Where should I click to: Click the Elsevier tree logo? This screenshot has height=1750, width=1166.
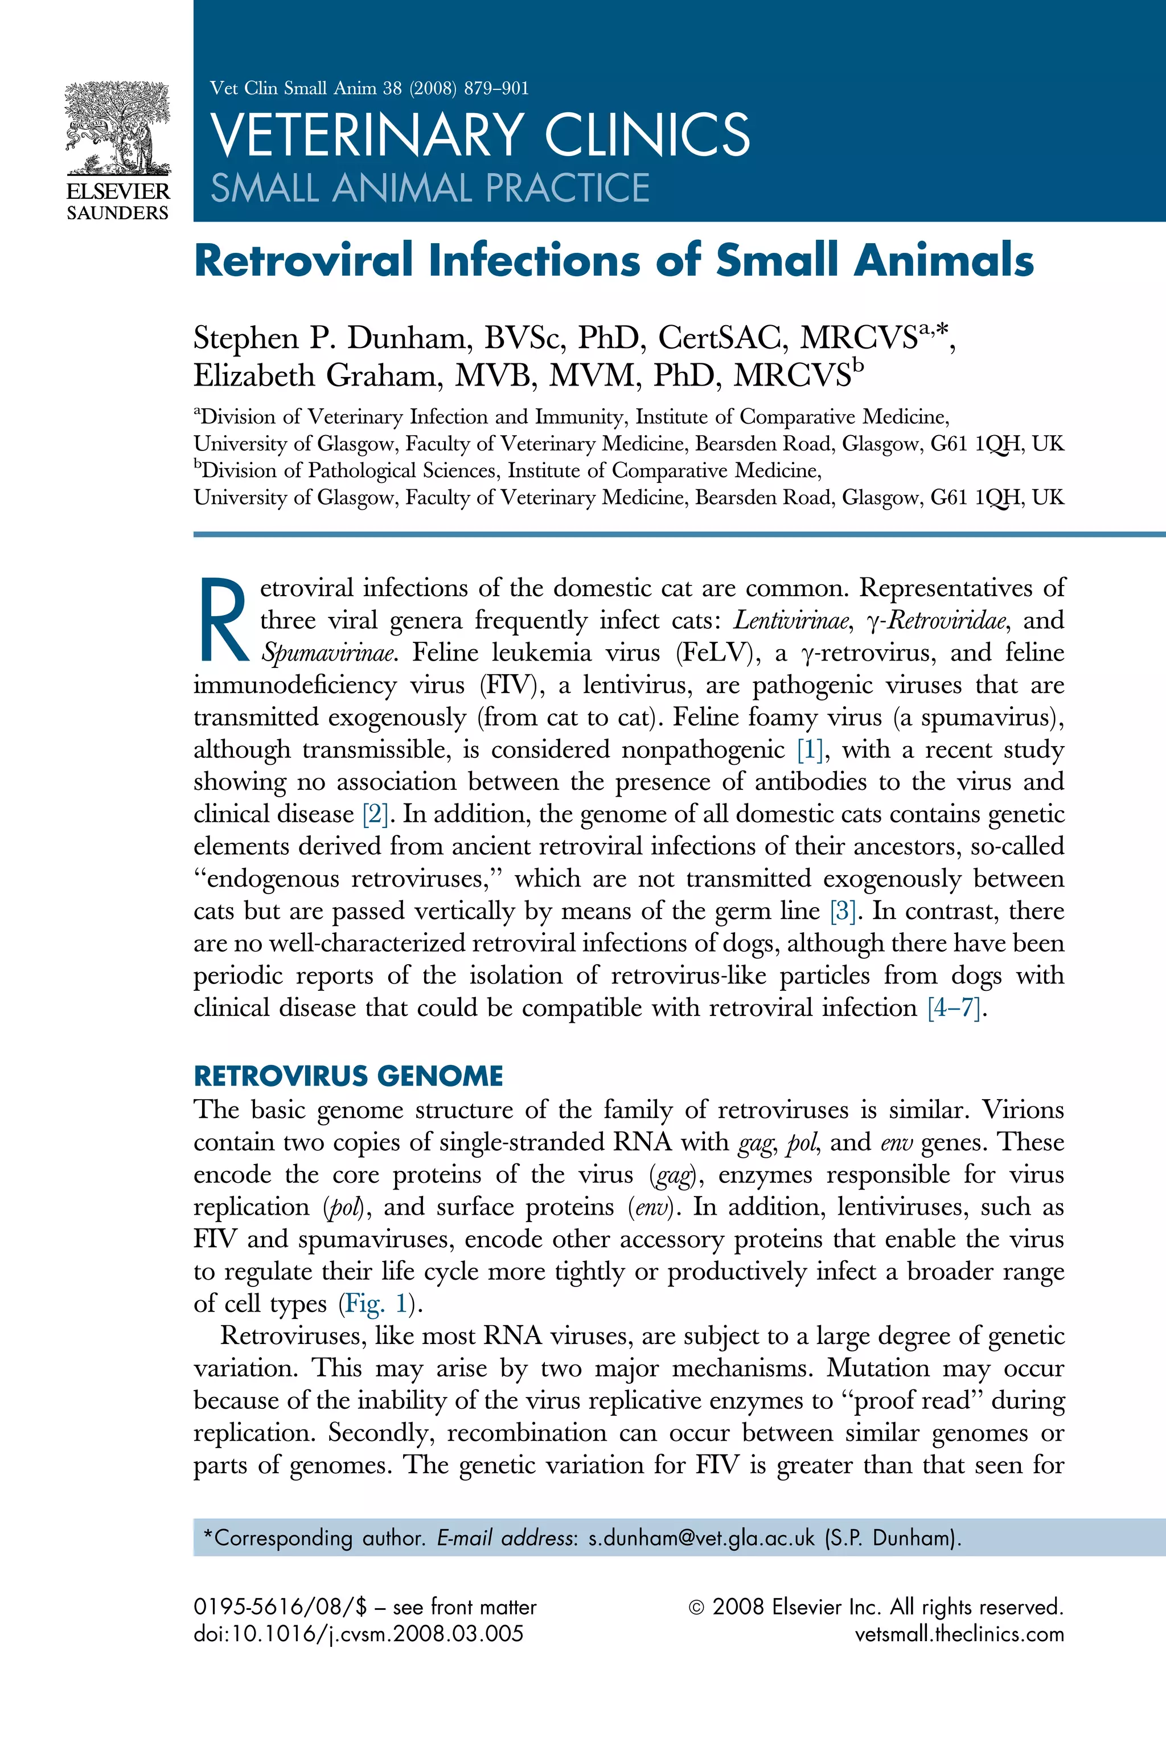pos(117,127)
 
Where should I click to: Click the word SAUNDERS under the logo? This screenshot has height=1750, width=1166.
pos(117,213)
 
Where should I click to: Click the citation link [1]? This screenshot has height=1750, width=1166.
pos(809,749)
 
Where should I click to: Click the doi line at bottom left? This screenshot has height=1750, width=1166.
pos(359,1634)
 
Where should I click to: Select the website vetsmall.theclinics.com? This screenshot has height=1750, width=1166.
pos(959,1634)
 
